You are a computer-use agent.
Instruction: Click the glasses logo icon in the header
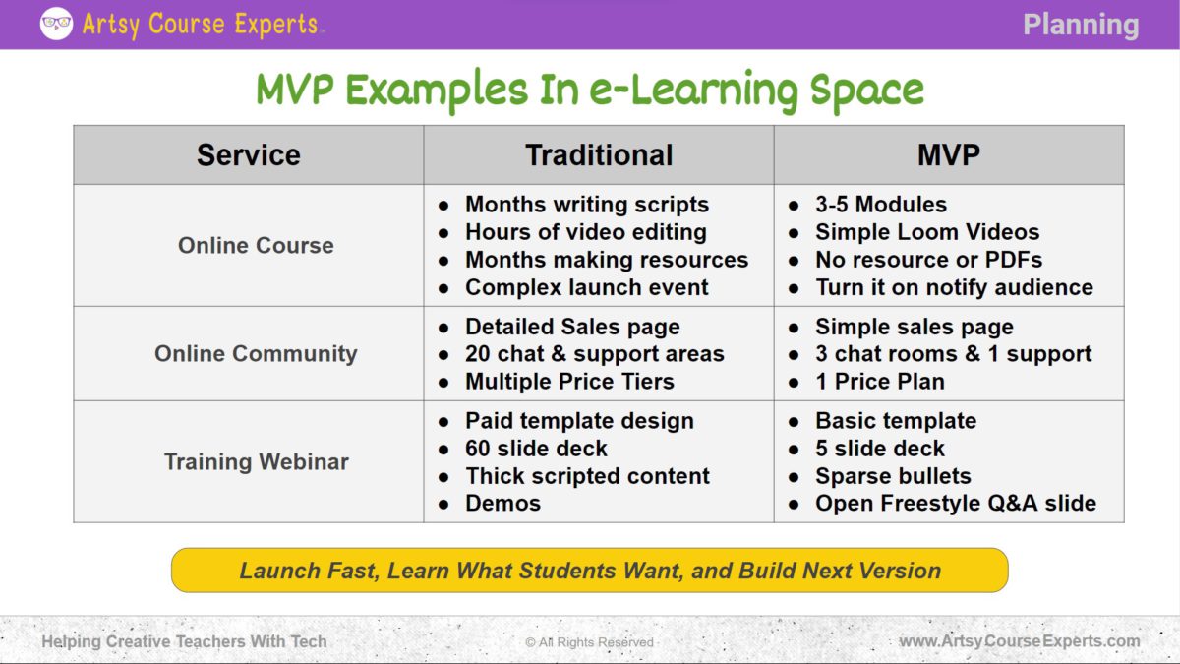tap(56, 23)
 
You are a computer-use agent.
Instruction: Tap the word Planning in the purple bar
tap(1080, 25)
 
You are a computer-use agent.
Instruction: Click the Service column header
tap(248, 155)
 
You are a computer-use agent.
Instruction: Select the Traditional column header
tap(599, 155)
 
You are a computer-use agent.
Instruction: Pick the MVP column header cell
tap(948, 155)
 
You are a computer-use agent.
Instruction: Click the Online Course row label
tap(256, 246)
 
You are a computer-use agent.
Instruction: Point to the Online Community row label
tap(256, 354)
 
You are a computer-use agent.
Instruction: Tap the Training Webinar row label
tap(256, 462)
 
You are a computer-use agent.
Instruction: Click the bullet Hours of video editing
tap(585, 232)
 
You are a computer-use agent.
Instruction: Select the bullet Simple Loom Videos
tap(926, 232)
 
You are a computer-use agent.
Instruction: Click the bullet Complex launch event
tap(586, 287)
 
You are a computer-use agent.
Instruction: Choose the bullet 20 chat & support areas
tap(594, 354)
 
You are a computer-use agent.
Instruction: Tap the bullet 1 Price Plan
tap(879, 382)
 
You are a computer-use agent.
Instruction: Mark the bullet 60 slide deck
tap(536, 449)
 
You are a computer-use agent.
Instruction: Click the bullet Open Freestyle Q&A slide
tap(955, 504)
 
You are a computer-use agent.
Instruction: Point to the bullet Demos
tap(502, 504)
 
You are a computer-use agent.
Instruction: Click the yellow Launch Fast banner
tap(590, 571)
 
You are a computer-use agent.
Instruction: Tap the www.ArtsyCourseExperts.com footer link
tap(1019, 641)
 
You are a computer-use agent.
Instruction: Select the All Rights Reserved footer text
tap(589, 642)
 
